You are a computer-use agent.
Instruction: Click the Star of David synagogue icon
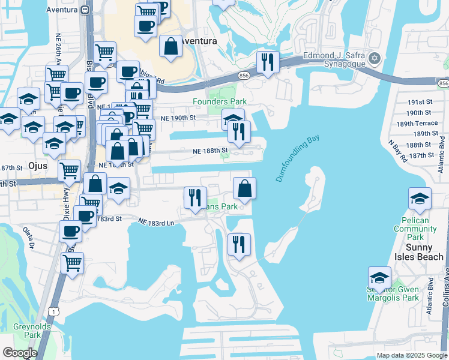pos(375,58)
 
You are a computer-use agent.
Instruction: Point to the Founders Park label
pos(219,102)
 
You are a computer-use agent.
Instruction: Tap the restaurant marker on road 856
pos(267,62)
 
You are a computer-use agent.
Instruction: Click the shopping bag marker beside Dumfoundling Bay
pos(244,188)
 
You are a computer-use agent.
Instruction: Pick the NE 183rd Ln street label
pos(155,221)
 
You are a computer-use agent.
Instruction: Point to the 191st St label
pos(420,103)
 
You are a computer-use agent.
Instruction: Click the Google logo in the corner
pos(19,353)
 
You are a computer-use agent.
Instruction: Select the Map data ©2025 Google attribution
pos(411,355)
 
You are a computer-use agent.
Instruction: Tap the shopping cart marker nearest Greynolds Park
pos(72,262)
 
